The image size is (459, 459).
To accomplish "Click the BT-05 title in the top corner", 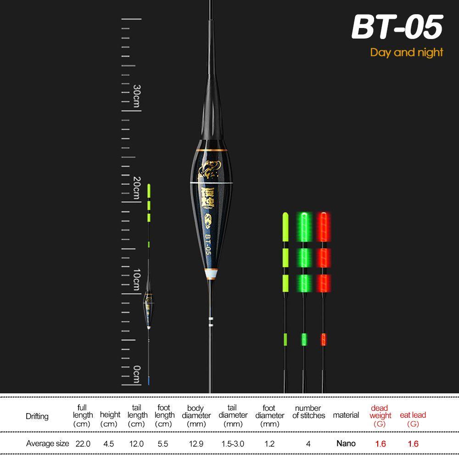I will (397, 27).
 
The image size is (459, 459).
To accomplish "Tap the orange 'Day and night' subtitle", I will (407, 52).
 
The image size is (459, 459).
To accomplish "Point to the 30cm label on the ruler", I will (136, 97).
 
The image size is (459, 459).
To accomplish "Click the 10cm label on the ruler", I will (136, 280).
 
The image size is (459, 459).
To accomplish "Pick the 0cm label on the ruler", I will (136, 374).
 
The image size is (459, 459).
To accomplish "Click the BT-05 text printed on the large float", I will (207, 244).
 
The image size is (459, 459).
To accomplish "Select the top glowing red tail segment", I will (323, 226).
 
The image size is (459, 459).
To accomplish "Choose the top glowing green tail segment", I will (303, 226).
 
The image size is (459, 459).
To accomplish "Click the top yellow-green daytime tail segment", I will (285, 226).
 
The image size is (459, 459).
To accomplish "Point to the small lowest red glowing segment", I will (323, 339).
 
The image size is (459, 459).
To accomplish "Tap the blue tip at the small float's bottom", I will (149, 381).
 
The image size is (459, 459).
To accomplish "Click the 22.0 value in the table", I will (83, 443).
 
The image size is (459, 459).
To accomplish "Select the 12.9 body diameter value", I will (196, 443).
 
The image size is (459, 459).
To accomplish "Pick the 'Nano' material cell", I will (346, 443).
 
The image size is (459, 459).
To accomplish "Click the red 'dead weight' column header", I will (380, 415).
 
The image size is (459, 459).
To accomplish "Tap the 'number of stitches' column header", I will (308, 412).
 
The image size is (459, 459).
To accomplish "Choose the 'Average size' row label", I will (48, 443).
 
